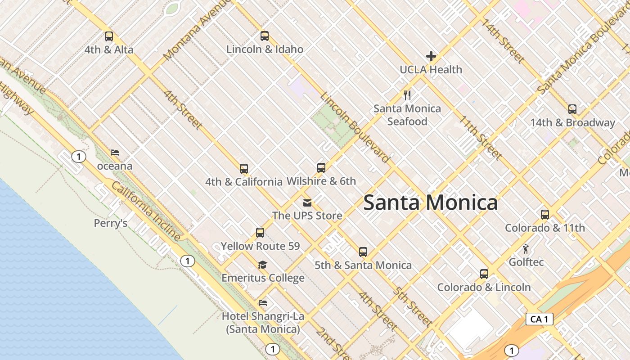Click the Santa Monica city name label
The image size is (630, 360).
[430, 202]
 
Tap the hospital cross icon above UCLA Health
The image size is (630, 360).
[431, 56]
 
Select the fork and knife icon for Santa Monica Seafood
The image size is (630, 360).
[407, 95]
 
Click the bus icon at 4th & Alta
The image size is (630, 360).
[108, 36]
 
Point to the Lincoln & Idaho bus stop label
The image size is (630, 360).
[265, 49]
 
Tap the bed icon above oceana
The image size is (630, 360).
[115, 153]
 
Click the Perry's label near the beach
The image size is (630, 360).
[111, 223]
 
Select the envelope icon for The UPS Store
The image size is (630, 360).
[307, 202]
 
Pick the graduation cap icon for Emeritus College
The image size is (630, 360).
[262, 265]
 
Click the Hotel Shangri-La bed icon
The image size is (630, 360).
[263, 303]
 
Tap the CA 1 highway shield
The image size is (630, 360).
[539, 319]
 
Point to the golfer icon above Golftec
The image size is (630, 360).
[526, 248]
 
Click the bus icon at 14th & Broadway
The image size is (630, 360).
[572, 109]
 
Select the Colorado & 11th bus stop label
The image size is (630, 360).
[544, 228]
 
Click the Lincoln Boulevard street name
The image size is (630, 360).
[355, 127]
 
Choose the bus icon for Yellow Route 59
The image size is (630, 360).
[260, 233]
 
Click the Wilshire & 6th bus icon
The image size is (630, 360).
[321, 168]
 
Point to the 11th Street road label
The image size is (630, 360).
[480, 138]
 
